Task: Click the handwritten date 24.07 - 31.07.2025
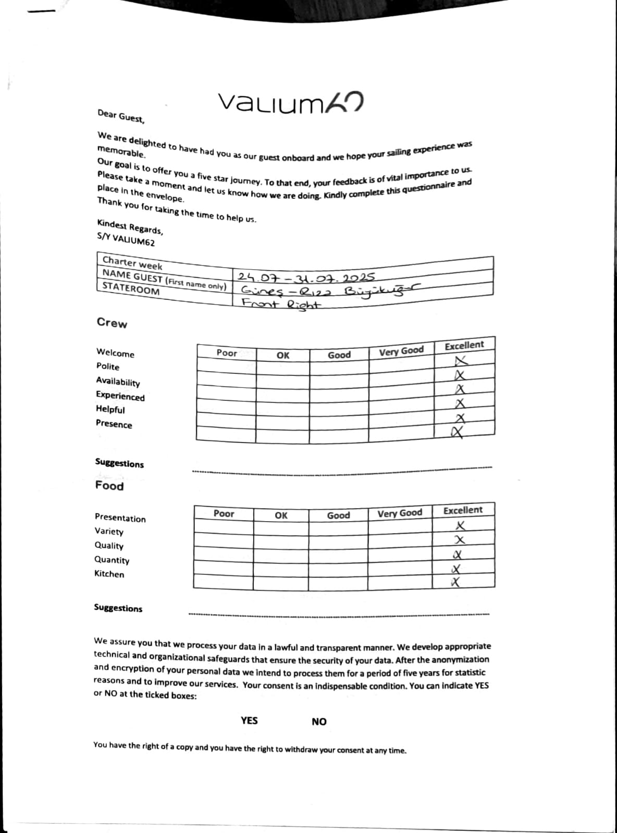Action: tap(306, 277)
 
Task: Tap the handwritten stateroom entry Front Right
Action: tap(281, 304)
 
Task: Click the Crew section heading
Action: tap(112, 323)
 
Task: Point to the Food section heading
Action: tap(109, 486)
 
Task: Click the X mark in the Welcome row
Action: tap(462, 360)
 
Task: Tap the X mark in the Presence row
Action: tap(458, 432)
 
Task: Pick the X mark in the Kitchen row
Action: tap(456, 582)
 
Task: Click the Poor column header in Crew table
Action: tap(227, 353)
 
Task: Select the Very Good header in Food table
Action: tap(400, 513)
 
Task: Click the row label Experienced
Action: tap(120, 396)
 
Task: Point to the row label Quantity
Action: tap(112, 560)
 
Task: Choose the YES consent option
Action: tap(249, 721)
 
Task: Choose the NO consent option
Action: tap(319, 722)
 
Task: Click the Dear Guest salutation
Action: tap(121, 116)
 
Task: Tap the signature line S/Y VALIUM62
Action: tap(126, 239)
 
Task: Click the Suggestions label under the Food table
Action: tap(118, 608)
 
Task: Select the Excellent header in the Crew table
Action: tap(464, 345)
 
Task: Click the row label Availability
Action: tap(118, 382)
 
